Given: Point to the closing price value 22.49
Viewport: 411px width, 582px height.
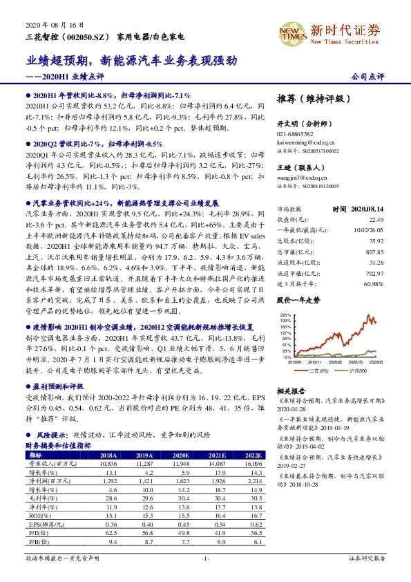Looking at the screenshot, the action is pyautogui.click(x=374, y=219).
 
